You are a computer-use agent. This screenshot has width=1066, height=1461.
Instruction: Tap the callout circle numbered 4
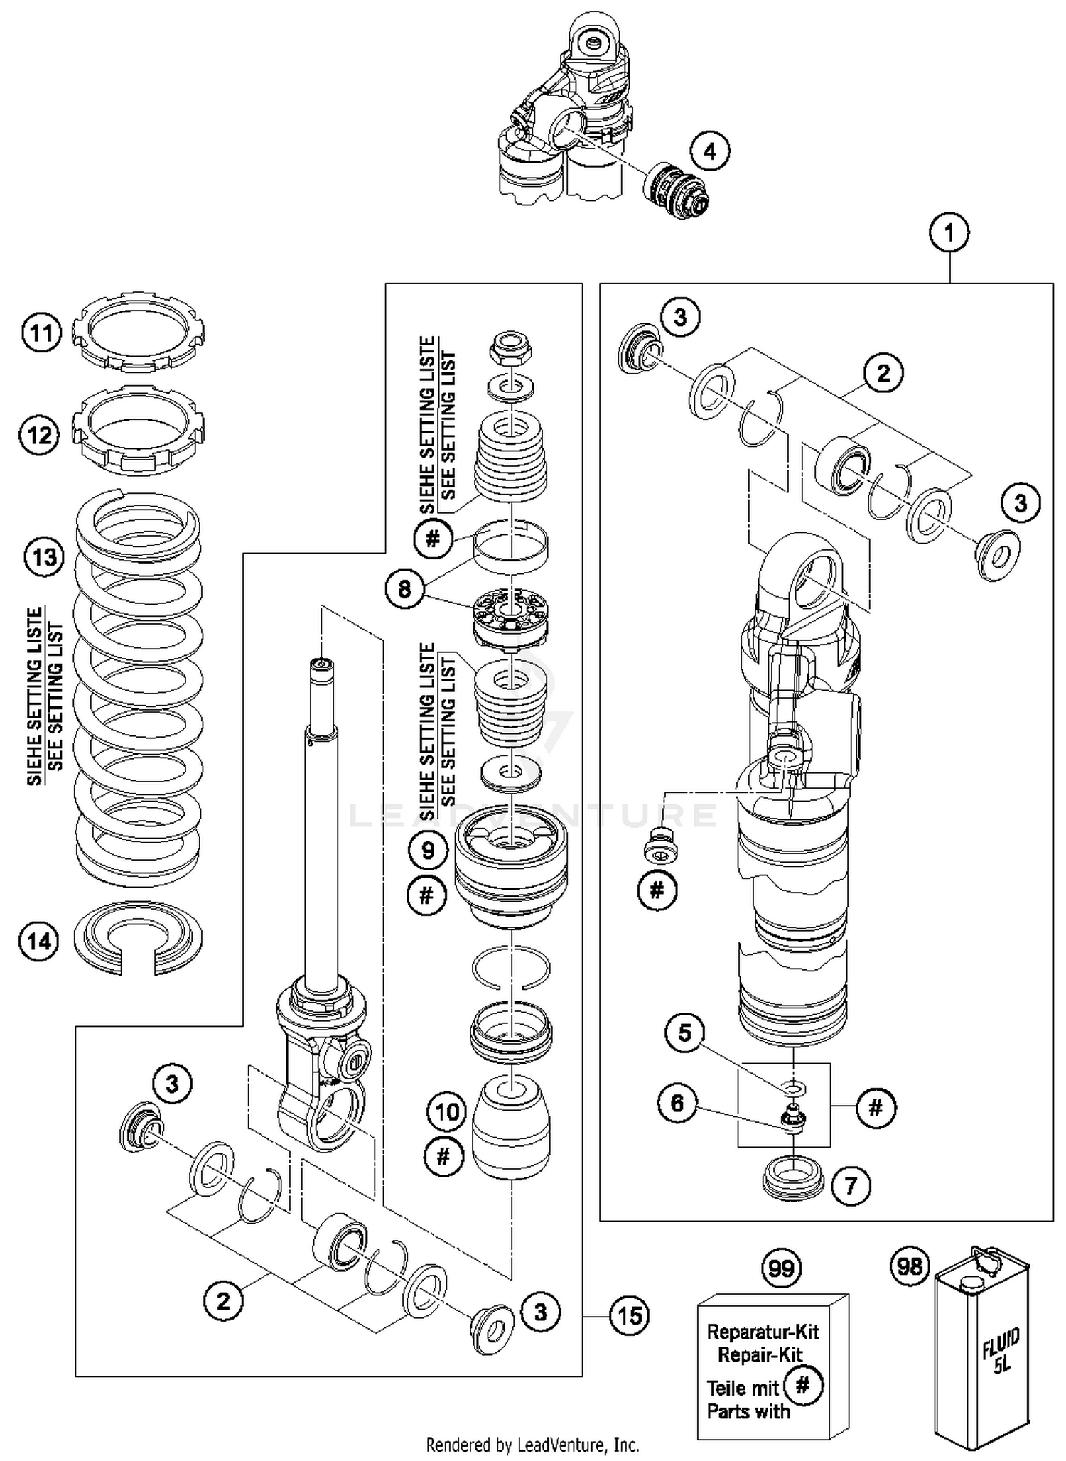(x=710, y=151)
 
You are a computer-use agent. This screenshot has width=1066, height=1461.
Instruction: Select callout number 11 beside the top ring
(x=42, y=333)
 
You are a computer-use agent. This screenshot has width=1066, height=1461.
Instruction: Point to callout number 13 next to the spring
(x=44, y=556)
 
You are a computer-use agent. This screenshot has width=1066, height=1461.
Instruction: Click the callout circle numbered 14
(x=39, y=941)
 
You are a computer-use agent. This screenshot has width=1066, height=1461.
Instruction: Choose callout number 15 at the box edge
(x=630, y=1315)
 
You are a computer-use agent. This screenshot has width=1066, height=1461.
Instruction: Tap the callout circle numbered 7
(x=851, y=1185)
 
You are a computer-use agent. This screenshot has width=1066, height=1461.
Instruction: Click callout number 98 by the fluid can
(x=910, y=1267)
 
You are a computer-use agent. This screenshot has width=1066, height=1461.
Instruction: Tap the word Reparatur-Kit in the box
(x=763, y=1331)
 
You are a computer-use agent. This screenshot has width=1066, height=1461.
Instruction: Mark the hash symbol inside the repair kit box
(x=803, y=1384)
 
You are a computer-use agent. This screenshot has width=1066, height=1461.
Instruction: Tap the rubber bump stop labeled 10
(x=511, y=1126)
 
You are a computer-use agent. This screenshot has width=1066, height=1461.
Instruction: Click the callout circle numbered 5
(x=684, y=1033)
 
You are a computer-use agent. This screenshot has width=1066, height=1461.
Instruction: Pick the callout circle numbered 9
(x=428, y=850)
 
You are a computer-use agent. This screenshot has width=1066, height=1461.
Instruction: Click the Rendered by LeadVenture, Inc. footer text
(x=532, y=1444)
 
